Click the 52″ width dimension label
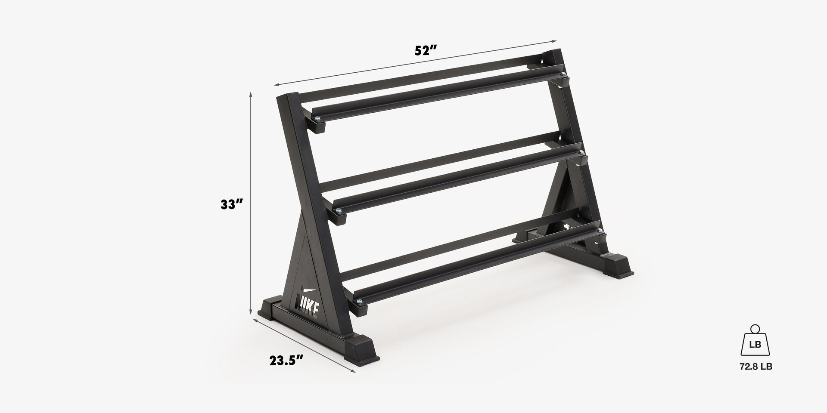tap(426, 51)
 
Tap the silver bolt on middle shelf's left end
tap(339, 210)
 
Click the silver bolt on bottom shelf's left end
tap(358, 301)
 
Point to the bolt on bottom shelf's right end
tap(599, 231)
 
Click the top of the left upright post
tap(287, 98)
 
